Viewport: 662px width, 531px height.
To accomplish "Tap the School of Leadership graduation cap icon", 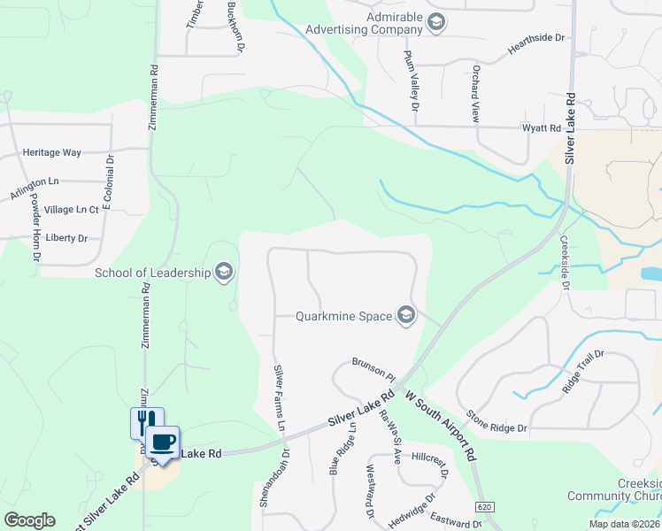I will tap(224, 272).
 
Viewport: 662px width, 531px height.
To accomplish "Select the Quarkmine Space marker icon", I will tap(406, 316).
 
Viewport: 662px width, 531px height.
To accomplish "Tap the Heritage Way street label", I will tap(52, 153).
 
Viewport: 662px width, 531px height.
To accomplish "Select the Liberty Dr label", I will tap(66, 238).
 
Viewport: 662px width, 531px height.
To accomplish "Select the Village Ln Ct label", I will tap(72, 210).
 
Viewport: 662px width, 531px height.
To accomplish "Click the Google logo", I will tap(30, 520).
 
